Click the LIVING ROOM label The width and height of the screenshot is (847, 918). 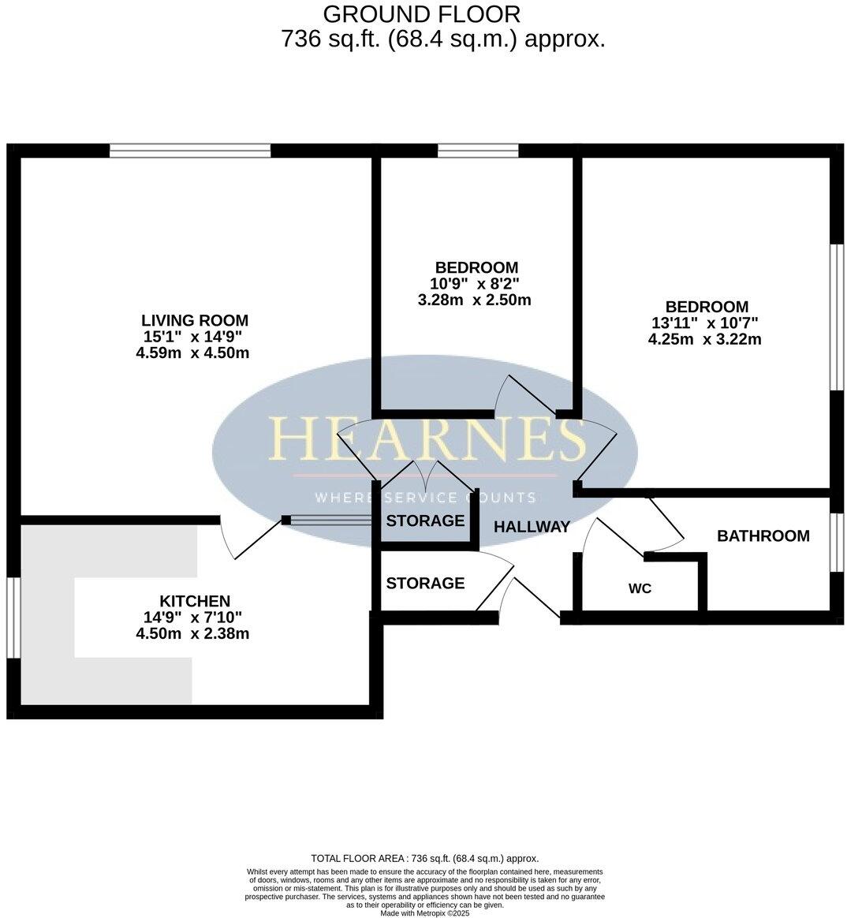[194, 320]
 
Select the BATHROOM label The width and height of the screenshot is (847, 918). [763, 536]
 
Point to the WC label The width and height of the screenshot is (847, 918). [640, 588]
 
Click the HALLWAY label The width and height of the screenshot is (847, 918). [532, 527]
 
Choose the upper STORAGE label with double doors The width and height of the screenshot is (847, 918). [425, 521]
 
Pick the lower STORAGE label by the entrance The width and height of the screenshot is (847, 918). [425, 584]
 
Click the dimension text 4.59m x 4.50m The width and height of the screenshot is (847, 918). [192, 353]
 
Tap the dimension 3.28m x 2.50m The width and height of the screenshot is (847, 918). [474, 300]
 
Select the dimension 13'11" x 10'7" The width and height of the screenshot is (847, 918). [705, 323]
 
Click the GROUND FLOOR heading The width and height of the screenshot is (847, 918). [422, 14]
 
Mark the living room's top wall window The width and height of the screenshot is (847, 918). [190, 151]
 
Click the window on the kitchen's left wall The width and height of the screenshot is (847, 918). [13, 618]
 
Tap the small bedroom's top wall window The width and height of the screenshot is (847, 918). [478, 151]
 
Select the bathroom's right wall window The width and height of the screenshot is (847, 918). [837, 543]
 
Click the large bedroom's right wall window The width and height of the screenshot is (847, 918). [837, 317]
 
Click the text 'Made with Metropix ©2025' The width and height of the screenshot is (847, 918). [424, 913]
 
